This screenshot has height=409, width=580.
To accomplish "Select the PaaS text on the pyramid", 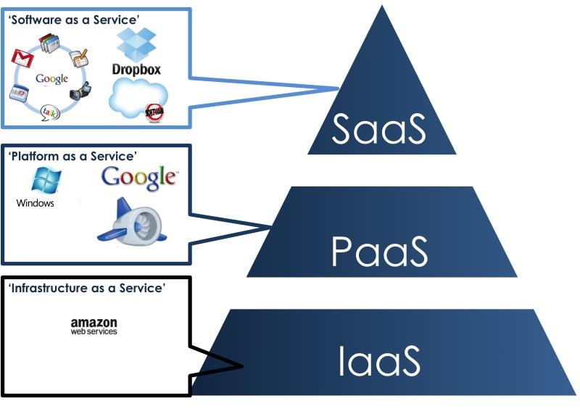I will [x=379, y=251].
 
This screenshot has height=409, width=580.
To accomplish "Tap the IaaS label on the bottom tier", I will [x=378, y=362].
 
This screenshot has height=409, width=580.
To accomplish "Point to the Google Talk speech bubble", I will [x=49, y=111].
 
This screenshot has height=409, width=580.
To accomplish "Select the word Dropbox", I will [x=136, y=70].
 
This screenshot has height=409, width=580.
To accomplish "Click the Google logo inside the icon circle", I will [x=51, y=78].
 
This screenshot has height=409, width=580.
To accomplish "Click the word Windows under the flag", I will [x=35, y=203].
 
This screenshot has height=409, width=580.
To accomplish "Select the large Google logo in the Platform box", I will [x=138, y=176].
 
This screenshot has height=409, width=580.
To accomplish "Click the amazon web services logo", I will [x=94, y=326].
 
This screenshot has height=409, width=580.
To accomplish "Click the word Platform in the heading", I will [x=33, y=156].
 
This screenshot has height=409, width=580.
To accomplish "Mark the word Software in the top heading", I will [x=34, y=20].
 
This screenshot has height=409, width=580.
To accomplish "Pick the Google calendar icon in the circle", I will [x=19, y=93].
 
